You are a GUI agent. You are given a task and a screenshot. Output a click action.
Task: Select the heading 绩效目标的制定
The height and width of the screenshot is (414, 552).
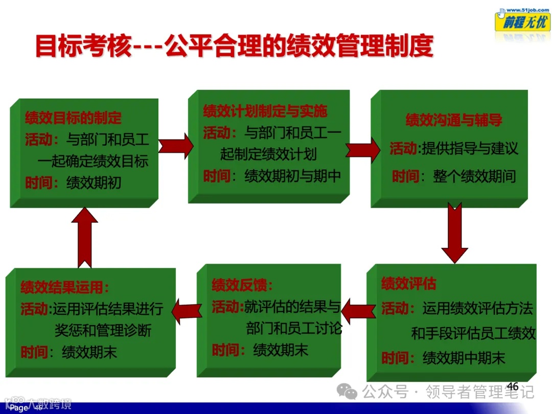(74, 118)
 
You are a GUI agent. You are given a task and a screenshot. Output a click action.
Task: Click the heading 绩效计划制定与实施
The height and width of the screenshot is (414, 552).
(265, 111)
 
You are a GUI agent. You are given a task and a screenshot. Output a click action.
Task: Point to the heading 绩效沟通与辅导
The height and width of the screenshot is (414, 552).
(454, 120)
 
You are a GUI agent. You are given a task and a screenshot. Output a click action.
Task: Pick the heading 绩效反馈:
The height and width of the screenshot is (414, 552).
(242, 285)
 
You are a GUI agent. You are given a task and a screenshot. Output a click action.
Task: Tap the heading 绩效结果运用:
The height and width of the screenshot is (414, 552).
(65, 287)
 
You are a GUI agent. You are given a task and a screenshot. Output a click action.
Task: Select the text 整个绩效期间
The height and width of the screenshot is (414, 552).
(475, 176)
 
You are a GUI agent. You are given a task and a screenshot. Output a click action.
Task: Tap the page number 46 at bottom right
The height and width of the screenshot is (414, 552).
(512, 387)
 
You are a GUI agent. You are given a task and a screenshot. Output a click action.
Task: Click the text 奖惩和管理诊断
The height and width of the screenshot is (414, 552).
(103, 330)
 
